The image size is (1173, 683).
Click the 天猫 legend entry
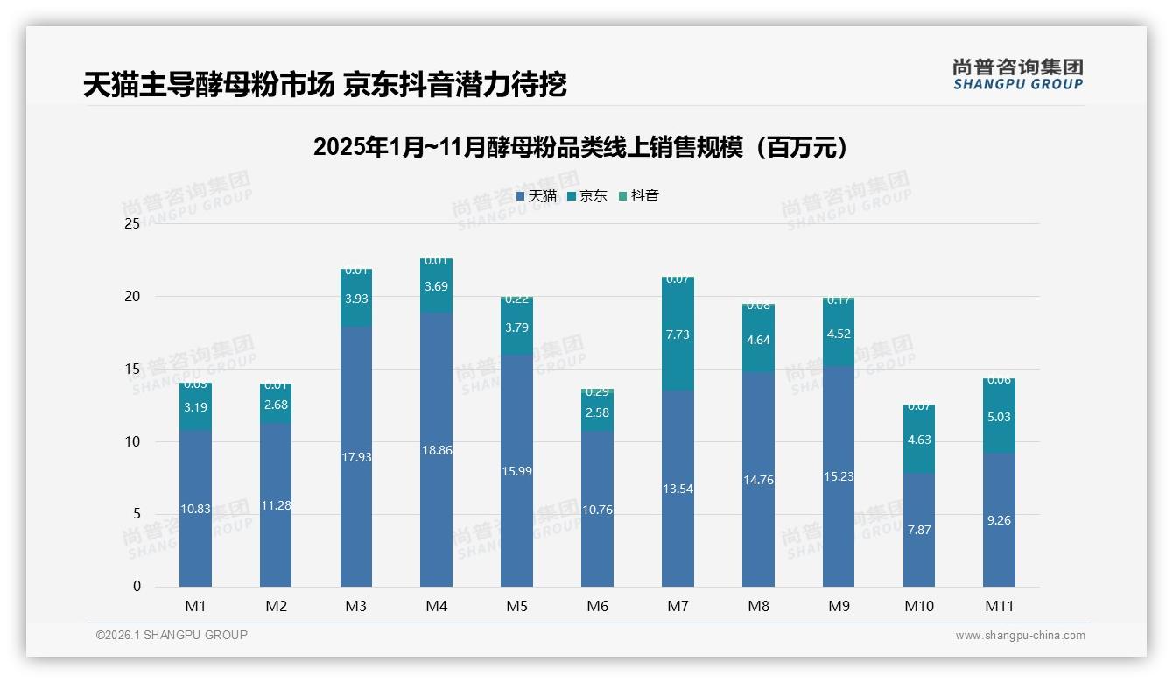click(537, 196)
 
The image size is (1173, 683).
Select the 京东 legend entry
click(587, 196)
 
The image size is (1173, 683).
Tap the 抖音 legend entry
click(639, 196)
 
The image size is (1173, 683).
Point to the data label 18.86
click(436, 450)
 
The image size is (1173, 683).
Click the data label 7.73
click(678, 334)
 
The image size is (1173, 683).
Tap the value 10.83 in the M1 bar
click(195, 509)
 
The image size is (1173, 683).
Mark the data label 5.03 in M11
click(999, 417)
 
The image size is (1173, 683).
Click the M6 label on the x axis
click(597, 606)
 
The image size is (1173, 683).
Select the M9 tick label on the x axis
click(839, 606)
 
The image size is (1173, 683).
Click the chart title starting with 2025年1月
click(581, 147)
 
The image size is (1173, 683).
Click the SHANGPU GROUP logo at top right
click(1017, 74)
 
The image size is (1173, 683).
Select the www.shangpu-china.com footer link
click(1020, 636)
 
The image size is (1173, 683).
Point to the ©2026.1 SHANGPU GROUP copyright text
click(172, 635)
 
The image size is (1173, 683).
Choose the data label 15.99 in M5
click(516, 471)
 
